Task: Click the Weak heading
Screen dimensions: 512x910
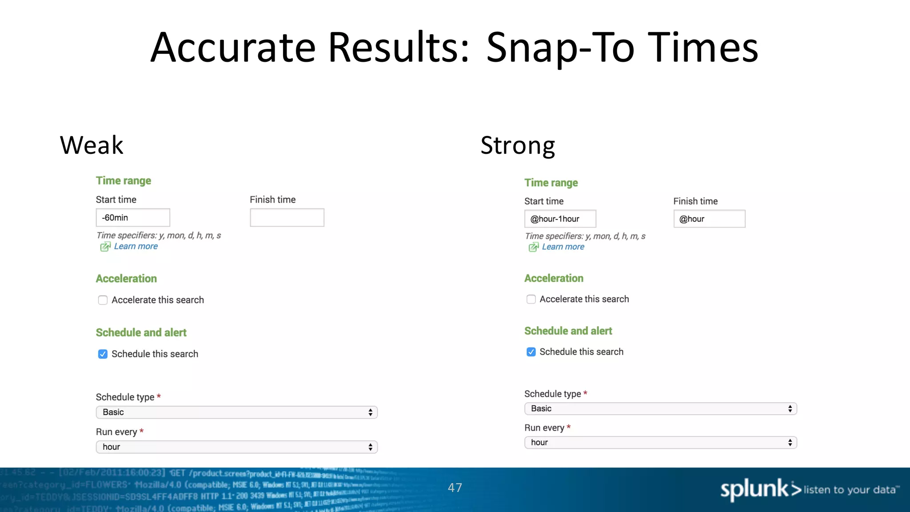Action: pos(92,145)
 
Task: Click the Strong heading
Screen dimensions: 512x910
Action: pos(518,145)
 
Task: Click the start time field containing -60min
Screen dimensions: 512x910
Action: pos(133,218)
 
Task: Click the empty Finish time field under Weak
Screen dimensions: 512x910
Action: pos(287,218)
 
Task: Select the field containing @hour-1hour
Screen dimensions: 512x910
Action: pos(560,219)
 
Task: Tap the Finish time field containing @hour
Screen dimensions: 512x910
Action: pos(709,219)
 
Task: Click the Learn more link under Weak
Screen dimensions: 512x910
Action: pos(136,246)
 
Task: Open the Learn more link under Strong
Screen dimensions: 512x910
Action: pos(563,247)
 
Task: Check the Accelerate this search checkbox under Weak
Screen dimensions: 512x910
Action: pos(103,300)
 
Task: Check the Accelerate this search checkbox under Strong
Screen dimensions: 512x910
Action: pos(531,300)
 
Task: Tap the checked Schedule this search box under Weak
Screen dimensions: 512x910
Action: pos(103,354)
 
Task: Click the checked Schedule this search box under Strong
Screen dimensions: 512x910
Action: pos(531,352)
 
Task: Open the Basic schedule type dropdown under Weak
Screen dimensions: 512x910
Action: pos(237,412)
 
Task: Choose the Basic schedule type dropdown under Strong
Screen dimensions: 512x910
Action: pos(661,409)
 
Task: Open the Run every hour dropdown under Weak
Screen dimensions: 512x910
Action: pos(237,447)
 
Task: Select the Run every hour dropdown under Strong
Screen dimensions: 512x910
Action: pos(661,443)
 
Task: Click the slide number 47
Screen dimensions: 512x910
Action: pos(455,488)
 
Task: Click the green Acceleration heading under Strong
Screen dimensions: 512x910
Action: pos(554,278)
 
